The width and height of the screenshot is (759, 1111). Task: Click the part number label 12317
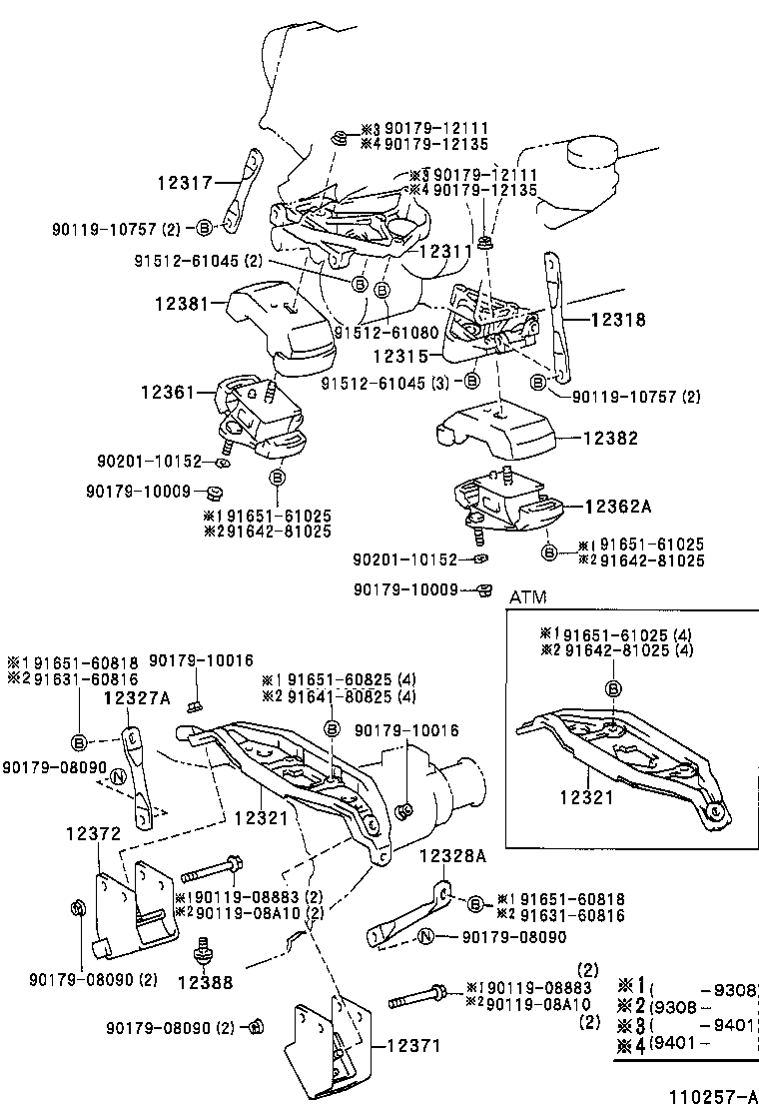185,183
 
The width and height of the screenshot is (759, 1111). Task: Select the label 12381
183,301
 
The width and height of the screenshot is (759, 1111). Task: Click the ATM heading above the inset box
528,596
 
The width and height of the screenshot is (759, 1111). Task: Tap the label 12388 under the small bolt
206,982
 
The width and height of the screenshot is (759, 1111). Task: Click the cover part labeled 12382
494,431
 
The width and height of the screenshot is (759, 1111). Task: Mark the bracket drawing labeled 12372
135,905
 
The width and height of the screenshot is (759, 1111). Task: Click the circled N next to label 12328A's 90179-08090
425,937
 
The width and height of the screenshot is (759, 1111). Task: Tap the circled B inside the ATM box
612,688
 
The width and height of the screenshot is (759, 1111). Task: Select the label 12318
618,321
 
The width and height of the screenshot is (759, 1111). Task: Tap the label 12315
402,355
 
